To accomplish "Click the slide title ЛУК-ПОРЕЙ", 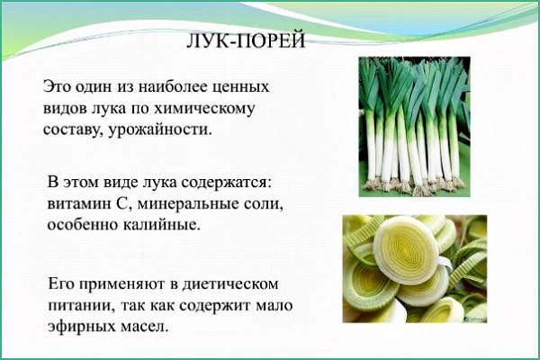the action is click(246, 40).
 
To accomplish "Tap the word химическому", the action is click(204, 109).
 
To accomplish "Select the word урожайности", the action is click(160, 130).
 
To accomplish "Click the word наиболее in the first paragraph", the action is click(172, 86).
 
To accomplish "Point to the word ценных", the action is click(240, 87).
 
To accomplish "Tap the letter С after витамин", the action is click(122, 204).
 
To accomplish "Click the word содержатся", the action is click(226, 183).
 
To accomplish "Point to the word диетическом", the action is click(230, 285).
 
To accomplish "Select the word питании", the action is click(81, 306).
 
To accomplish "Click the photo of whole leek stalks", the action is click(414, 127).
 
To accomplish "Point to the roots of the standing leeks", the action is click(413, 185).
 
